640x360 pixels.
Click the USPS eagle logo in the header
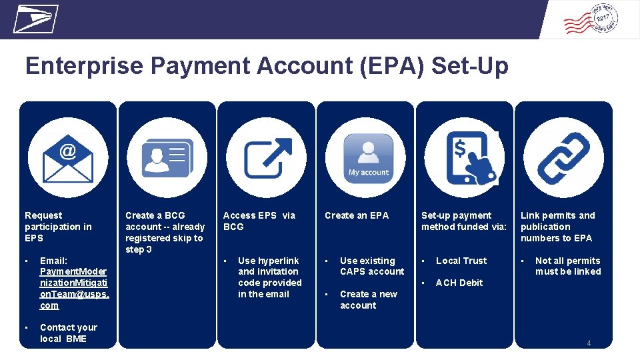pyautogui.click(x=35, y=19)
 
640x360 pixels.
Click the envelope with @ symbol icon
pyautogui.click(x=68, y=158)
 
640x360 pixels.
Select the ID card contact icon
pyautogui.click(x=167, y=157)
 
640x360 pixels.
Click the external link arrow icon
pyautogui.click(x=267, y=157)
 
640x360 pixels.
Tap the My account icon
pyautogui.click(x=368, y=157)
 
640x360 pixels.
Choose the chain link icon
pyautogui.click(x=563, y=158)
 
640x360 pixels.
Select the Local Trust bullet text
pyautogui.click(x=461, y=261)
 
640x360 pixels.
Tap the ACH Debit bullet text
pyautogui.click(x=459, y=283)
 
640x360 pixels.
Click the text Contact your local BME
pyautogui.click(x=68, y=333)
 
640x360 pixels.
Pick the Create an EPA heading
pyautogui.click(x=357, y=215)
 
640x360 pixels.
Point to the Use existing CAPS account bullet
pyautogui.click(x=371, y=266)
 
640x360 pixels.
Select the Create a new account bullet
pyautogui.click(x=368, y=299)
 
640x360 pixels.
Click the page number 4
pyautogui.click(x=589, y=343)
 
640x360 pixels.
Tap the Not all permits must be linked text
pyautogui.click(x=567, y=266)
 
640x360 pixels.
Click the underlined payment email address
pyautogui.click(x=74, y=283)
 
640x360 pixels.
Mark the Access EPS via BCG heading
pyautogui.click(x=259, y=221)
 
